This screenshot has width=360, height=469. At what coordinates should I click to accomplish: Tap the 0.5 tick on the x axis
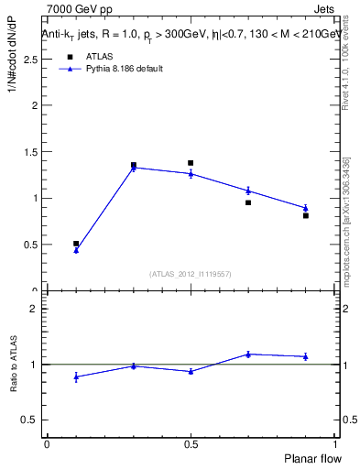(x=191, y=444)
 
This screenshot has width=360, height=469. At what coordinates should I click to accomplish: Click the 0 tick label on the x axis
(x=47, y=444)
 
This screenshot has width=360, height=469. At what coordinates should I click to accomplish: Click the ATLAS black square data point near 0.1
(x=76, y=244)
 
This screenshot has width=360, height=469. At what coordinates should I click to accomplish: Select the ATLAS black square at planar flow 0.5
(x=191, y=163)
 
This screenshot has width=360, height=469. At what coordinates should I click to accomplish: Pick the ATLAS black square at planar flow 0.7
(x=248, y=202)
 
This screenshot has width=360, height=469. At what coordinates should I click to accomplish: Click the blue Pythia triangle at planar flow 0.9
(x=306, y=208)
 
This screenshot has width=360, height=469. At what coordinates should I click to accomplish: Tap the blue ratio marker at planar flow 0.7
(x=248, y=354)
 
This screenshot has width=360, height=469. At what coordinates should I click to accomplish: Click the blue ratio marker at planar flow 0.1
(x=76, y=376)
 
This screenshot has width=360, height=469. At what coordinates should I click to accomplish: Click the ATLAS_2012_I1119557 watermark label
(x=191, y=274)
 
